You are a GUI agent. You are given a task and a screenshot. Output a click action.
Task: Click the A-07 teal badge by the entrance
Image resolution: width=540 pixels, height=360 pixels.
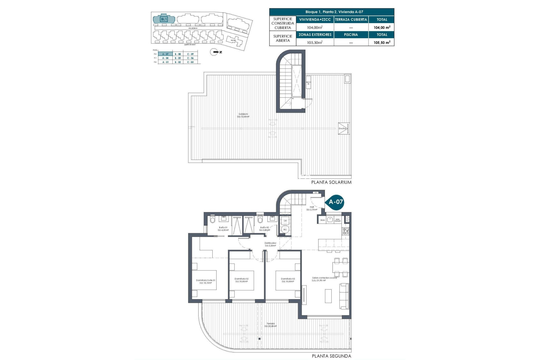(336, 202)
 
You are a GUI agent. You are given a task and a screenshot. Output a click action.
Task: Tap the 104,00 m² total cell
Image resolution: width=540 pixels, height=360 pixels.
(382, 27)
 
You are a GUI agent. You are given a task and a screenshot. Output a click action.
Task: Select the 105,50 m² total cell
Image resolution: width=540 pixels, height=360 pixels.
(382, 42)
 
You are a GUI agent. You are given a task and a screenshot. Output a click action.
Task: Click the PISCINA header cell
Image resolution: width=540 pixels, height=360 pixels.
(351, 35)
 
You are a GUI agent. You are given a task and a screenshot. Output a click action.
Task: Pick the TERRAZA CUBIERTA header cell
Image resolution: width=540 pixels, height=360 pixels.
(351, 19)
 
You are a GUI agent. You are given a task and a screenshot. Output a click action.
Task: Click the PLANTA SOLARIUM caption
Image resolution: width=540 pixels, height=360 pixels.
(331, 182)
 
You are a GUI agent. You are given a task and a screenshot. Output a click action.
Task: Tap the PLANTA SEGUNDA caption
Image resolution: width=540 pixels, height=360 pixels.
(331, 356)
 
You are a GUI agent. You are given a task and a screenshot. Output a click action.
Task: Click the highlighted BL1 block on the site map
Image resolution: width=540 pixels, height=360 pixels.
(164, 19)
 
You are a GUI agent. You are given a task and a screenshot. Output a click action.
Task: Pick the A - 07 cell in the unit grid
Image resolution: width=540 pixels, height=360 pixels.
(165, 54)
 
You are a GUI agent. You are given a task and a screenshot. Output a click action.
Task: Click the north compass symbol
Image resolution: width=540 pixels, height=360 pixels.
(214, 52)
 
